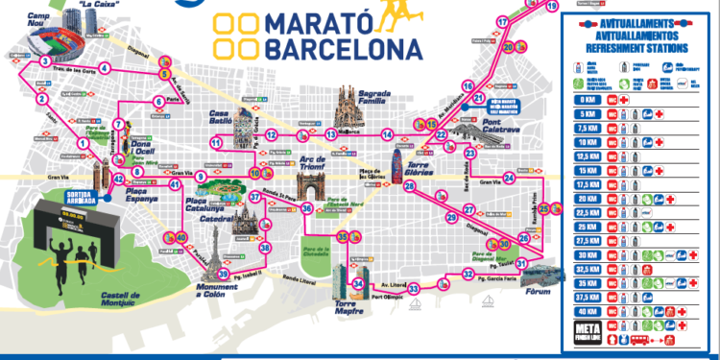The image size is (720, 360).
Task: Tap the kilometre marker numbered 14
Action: coord(387,134)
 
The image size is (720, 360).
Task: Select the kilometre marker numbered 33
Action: coord(414,288)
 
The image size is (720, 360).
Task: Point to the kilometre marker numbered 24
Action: coord(509,176)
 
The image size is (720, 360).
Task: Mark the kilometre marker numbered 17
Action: coord(502,21)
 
